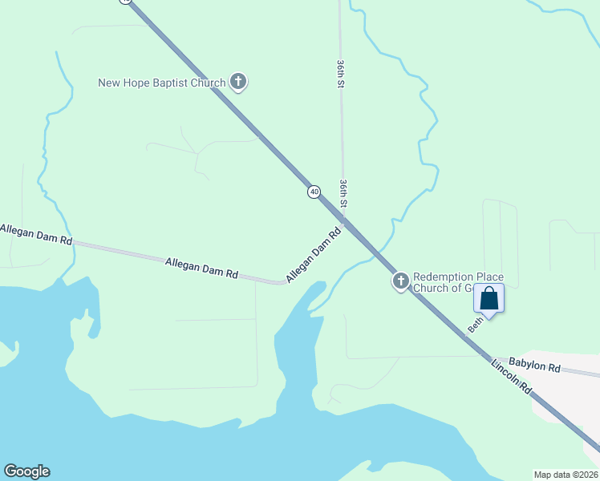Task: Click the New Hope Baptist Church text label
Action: click(x=161, y=82)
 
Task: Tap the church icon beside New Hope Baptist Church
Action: click(x=238, y=81)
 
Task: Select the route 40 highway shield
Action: click(x=314, y=192)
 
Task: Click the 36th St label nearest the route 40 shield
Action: click(x=343, y=193)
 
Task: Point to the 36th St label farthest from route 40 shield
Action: click(x=340, y=72)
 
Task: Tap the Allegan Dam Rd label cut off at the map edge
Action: click(x=36, y=235)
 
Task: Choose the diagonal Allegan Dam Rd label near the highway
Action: click(x=314, y=255)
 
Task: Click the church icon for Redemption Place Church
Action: click(x=400, y=281)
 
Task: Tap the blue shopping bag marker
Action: click(x=489, y=299)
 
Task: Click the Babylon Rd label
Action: click(x=534, y=366)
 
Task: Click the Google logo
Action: click(x=26, y=471)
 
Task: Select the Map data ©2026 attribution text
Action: click(x=565, y=474)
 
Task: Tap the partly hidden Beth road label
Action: click(x=476, y=324)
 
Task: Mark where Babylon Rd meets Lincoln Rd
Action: click(x=491, y=358)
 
